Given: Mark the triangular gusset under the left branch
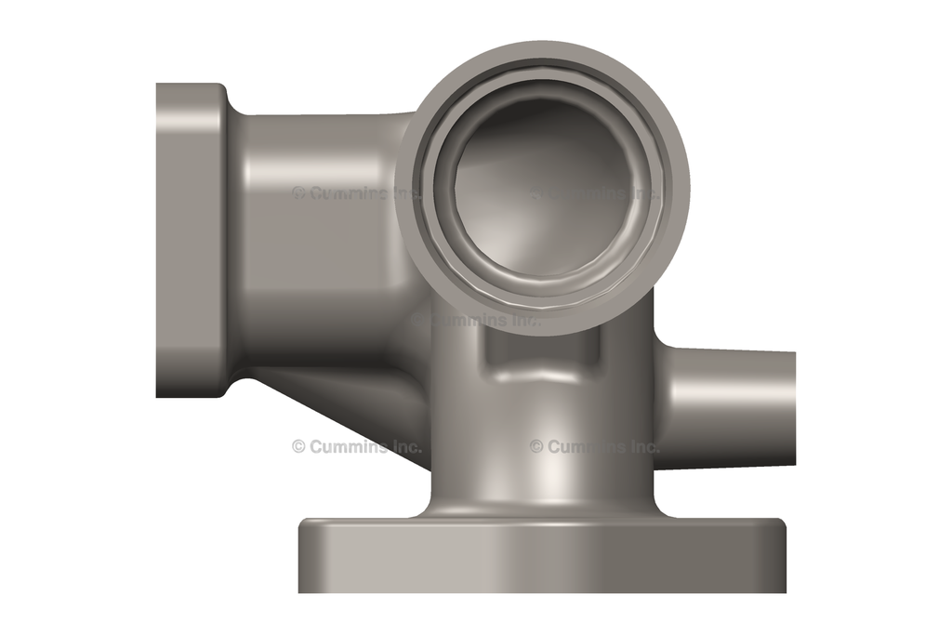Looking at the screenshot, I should point(353,400).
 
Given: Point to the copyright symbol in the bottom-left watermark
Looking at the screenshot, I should point(298,446).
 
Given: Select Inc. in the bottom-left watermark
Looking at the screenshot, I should point(404,446).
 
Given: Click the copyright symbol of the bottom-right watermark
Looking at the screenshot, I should point(536,446).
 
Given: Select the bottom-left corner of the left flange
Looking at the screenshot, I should point(160,394).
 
